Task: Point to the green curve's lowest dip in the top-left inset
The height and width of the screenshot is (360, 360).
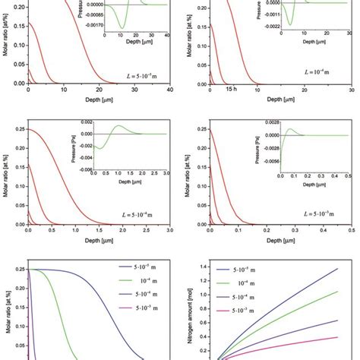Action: coord(121,27)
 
